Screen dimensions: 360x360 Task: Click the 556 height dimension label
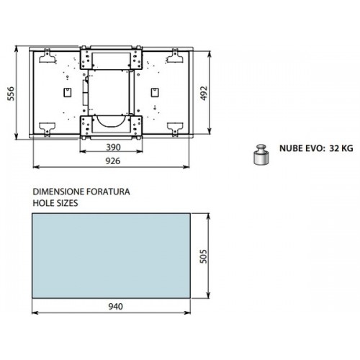click(x=11, y=94)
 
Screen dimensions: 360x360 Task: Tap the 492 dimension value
click(x=204, y=94)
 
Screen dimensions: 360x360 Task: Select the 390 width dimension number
click(x=113, y=147)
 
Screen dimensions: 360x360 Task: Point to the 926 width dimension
click(x=113, y=161)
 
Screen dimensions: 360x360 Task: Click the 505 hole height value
click(x=203, y=256)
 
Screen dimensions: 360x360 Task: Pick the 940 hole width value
click(x=115, y=307)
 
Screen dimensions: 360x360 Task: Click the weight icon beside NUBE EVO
click(x=261, y=155)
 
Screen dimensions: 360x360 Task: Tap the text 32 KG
click(x=341, y=148)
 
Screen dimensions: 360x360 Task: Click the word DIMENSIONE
click(x=58, y=192)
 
